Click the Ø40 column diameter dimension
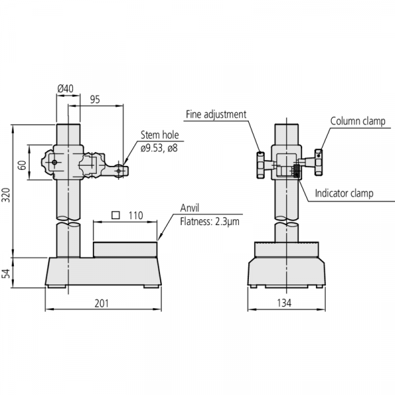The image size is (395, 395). tap(66, 88)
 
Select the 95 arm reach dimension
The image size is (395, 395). tap(95, 99)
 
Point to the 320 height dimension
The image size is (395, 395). tap(7, 196)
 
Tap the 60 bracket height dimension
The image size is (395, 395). tap(21, 163)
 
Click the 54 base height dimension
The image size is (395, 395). tap(7, 273)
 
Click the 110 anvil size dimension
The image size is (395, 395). tap(136, 215)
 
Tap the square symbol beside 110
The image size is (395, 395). tap(116, 215)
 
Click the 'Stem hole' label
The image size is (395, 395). tap(159, 136)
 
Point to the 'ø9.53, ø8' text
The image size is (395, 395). tap(159, 148)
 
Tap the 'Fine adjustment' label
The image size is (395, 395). tap(215, 114)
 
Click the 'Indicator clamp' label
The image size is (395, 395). tap(344, 194)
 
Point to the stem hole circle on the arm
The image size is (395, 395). tap(118, 171)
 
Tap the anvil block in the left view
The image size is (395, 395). tap(125, 250)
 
